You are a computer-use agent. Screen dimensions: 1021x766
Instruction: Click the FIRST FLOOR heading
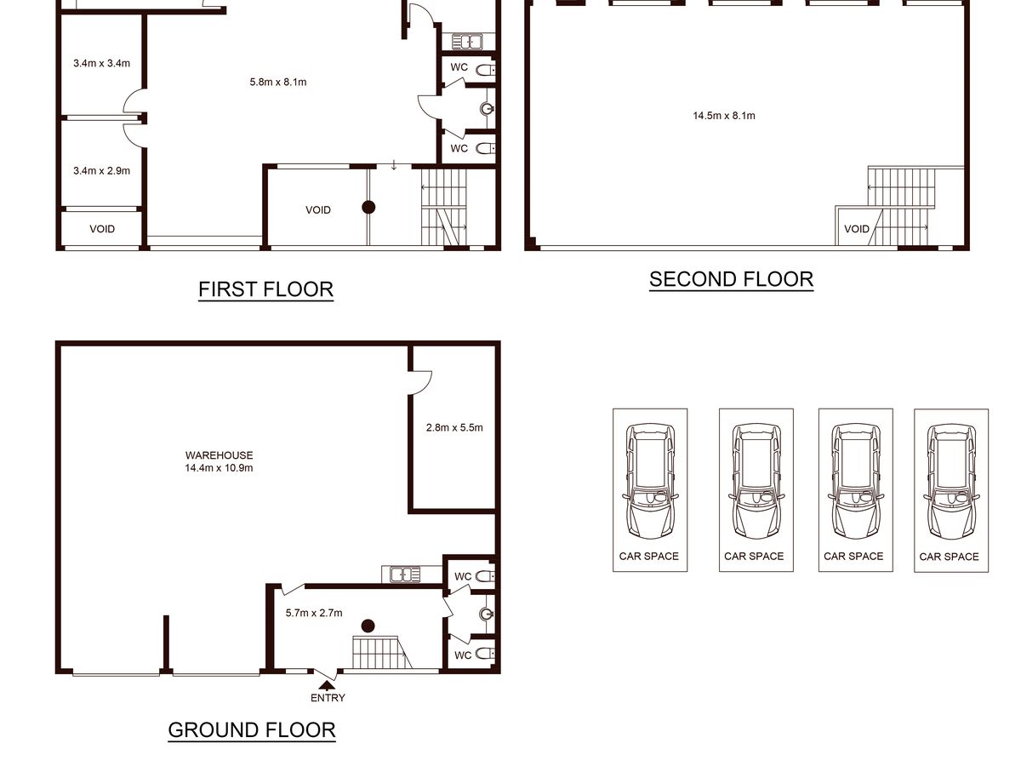[265, 289]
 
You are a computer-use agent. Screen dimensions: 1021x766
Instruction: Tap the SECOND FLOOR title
[731, 279]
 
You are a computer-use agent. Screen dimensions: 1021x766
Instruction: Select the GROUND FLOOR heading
[252, 730]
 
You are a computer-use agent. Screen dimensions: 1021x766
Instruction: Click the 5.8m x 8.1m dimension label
[278, 83]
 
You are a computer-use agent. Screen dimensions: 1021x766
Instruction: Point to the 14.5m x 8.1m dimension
[724, 116]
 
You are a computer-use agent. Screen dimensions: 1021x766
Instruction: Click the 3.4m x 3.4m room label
[102, 63]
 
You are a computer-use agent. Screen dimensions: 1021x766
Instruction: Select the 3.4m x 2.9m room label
[102, 171]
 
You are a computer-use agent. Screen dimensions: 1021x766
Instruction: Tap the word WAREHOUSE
[219, 455]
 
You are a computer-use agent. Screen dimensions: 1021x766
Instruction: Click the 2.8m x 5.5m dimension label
[454, 427]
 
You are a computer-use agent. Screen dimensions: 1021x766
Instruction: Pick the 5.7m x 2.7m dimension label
[314, 613]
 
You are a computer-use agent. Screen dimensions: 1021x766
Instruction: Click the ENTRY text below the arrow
[328, 698]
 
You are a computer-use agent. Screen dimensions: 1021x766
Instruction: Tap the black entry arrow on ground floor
[327, 684]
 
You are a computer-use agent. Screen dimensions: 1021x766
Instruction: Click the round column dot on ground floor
[368, 626]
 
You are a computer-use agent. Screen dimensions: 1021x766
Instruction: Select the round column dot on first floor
[368, 207]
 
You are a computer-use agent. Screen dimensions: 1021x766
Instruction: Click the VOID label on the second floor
[857, 229]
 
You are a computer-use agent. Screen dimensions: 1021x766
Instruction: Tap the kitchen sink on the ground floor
[405, 574]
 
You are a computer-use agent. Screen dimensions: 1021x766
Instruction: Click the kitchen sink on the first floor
[467, 42]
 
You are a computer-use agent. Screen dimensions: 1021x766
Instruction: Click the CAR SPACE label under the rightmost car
[949, 557]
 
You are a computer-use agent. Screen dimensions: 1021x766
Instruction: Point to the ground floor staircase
[381, 652]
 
